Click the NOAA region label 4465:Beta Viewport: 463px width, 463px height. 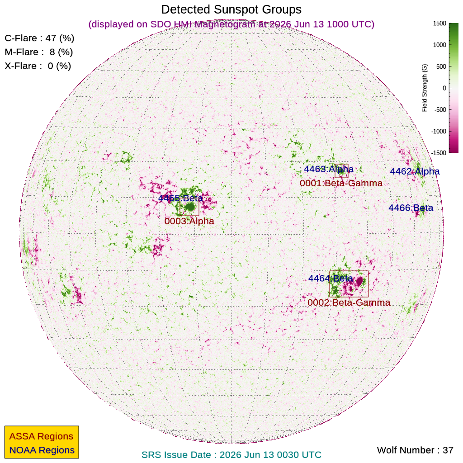coord(180,198)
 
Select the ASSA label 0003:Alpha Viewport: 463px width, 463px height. coord(189,221)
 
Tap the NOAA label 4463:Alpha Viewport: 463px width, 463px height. coord(329,169)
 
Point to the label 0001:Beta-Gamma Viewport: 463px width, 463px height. coord(341,183)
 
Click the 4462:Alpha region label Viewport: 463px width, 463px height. coord(415,171)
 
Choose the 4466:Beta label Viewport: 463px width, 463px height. coord(411,208)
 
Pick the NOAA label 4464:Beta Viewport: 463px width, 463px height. coord(331,278)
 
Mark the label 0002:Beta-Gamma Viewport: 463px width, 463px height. coord(349,302)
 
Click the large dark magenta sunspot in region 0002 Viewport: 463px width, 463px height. coord(359,281)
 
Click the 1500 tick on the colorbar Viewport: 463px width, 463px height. coord(439,24)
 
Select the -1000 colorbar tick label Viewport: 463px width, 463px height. coord(439,131)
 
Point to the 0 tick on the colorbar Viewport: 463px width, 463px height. coord(444,88)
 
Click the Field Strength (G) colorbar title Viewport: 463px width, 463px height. coord(424,88)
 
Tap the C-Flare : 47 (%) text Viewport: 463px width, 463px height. coord(39,38)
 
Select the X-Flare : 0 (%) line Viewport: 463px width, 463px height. coord(38,66)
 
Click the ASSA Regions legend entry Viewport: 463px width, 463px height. coord(41,436)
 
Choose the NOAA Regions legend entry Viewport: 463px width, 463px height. coord(42,450)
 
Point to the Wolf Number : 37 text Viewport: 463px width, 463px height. coord(415,450)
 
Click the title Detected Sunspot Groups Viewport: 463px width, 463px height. coord(231,10)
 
